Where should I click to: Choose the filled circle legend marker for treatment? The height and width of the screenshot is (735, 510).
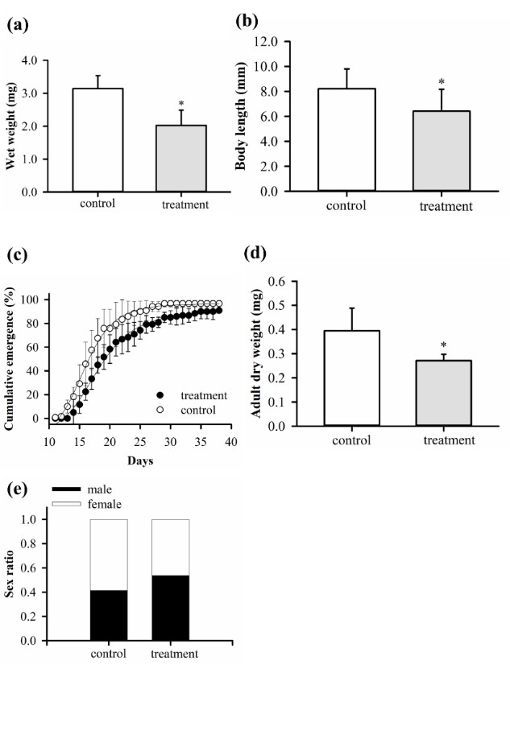coord(160,395)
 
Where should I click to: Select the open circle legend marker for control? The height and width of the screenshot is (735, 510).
coord(160,409)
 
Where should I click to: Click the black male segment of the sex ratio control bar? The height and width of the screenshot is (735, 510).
coord(108,616)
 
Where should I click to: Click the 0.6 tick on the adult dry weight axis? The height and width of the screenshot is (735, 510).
coord(288,282)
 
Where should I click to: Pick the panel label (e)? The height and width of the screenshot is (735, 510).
coord(16,489)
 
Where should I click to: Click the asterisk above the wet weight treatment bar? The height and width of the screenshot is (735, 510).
coord(181,104)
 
